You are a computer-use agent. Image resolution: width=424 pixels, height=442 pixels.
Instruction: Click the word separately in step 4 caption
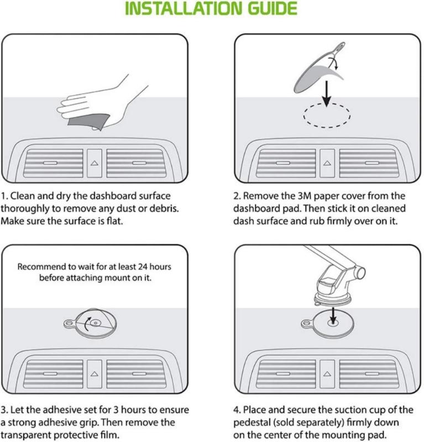coord(313,422)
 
